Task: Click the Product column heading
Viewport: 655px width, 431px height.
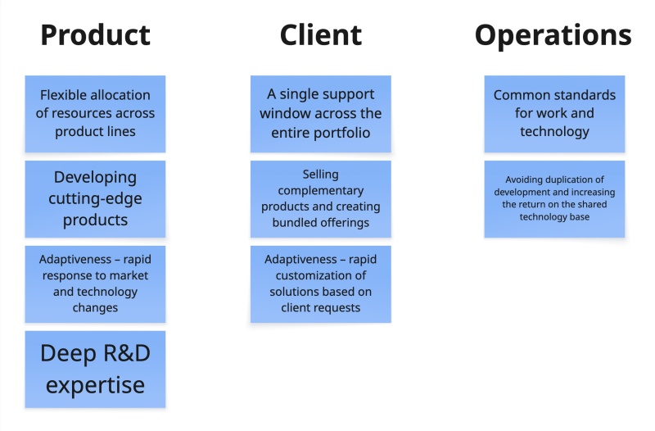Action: (95, 35)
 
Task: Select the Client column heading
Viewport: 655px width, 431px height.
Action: (320, 35)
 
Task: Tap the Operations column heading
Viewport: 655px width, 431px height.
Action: (553, 35)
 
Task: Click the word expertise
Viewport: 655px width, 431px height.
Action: (95, 385)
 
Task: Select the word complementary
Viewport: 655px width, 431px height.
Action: (320, 190)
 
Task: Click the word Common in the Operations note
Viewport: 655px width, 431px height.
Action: (522, 95)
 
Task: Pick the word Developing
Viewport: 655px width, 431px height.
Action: (95, 177)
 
